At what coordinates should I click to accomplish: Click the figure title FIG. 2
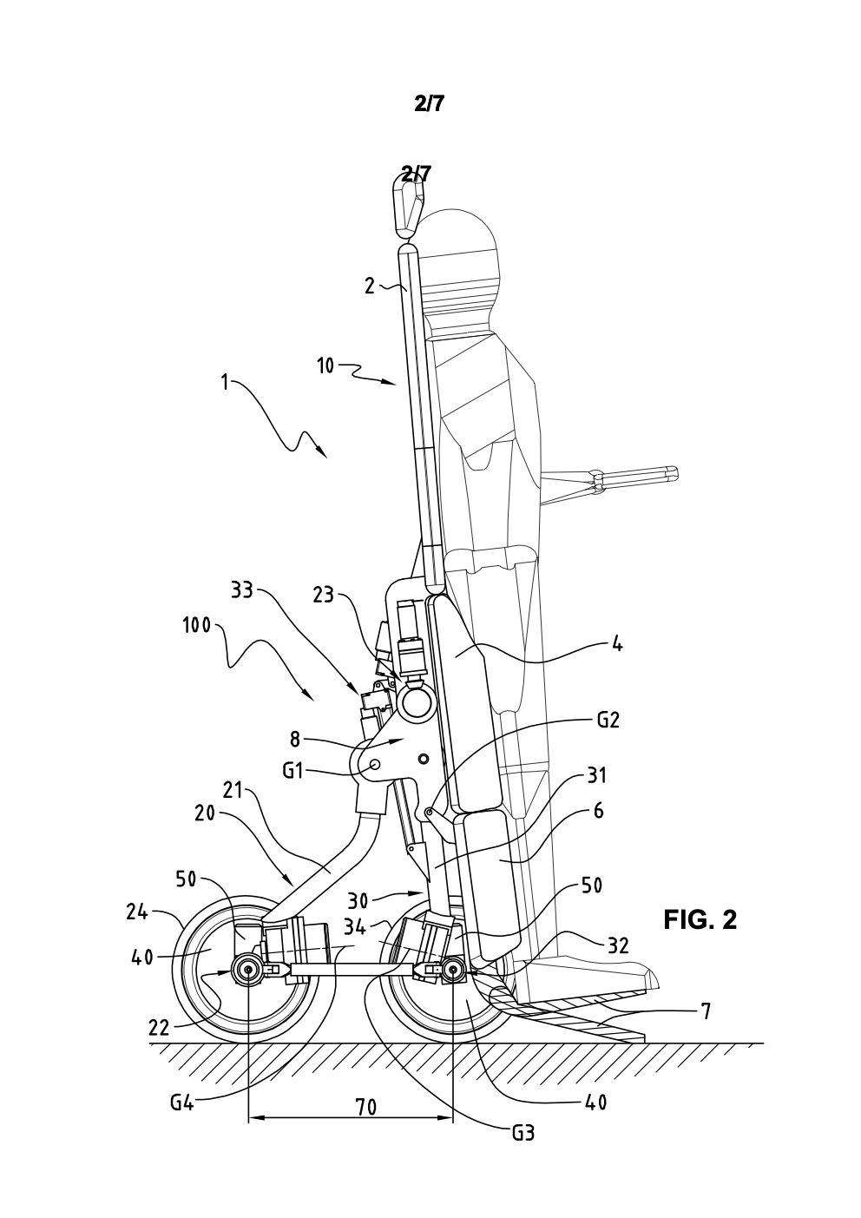pos(700,919)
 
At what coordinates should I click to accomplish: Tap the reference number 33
pos(242,590)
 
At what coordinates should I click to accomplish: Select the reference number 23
pos(324,595)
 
